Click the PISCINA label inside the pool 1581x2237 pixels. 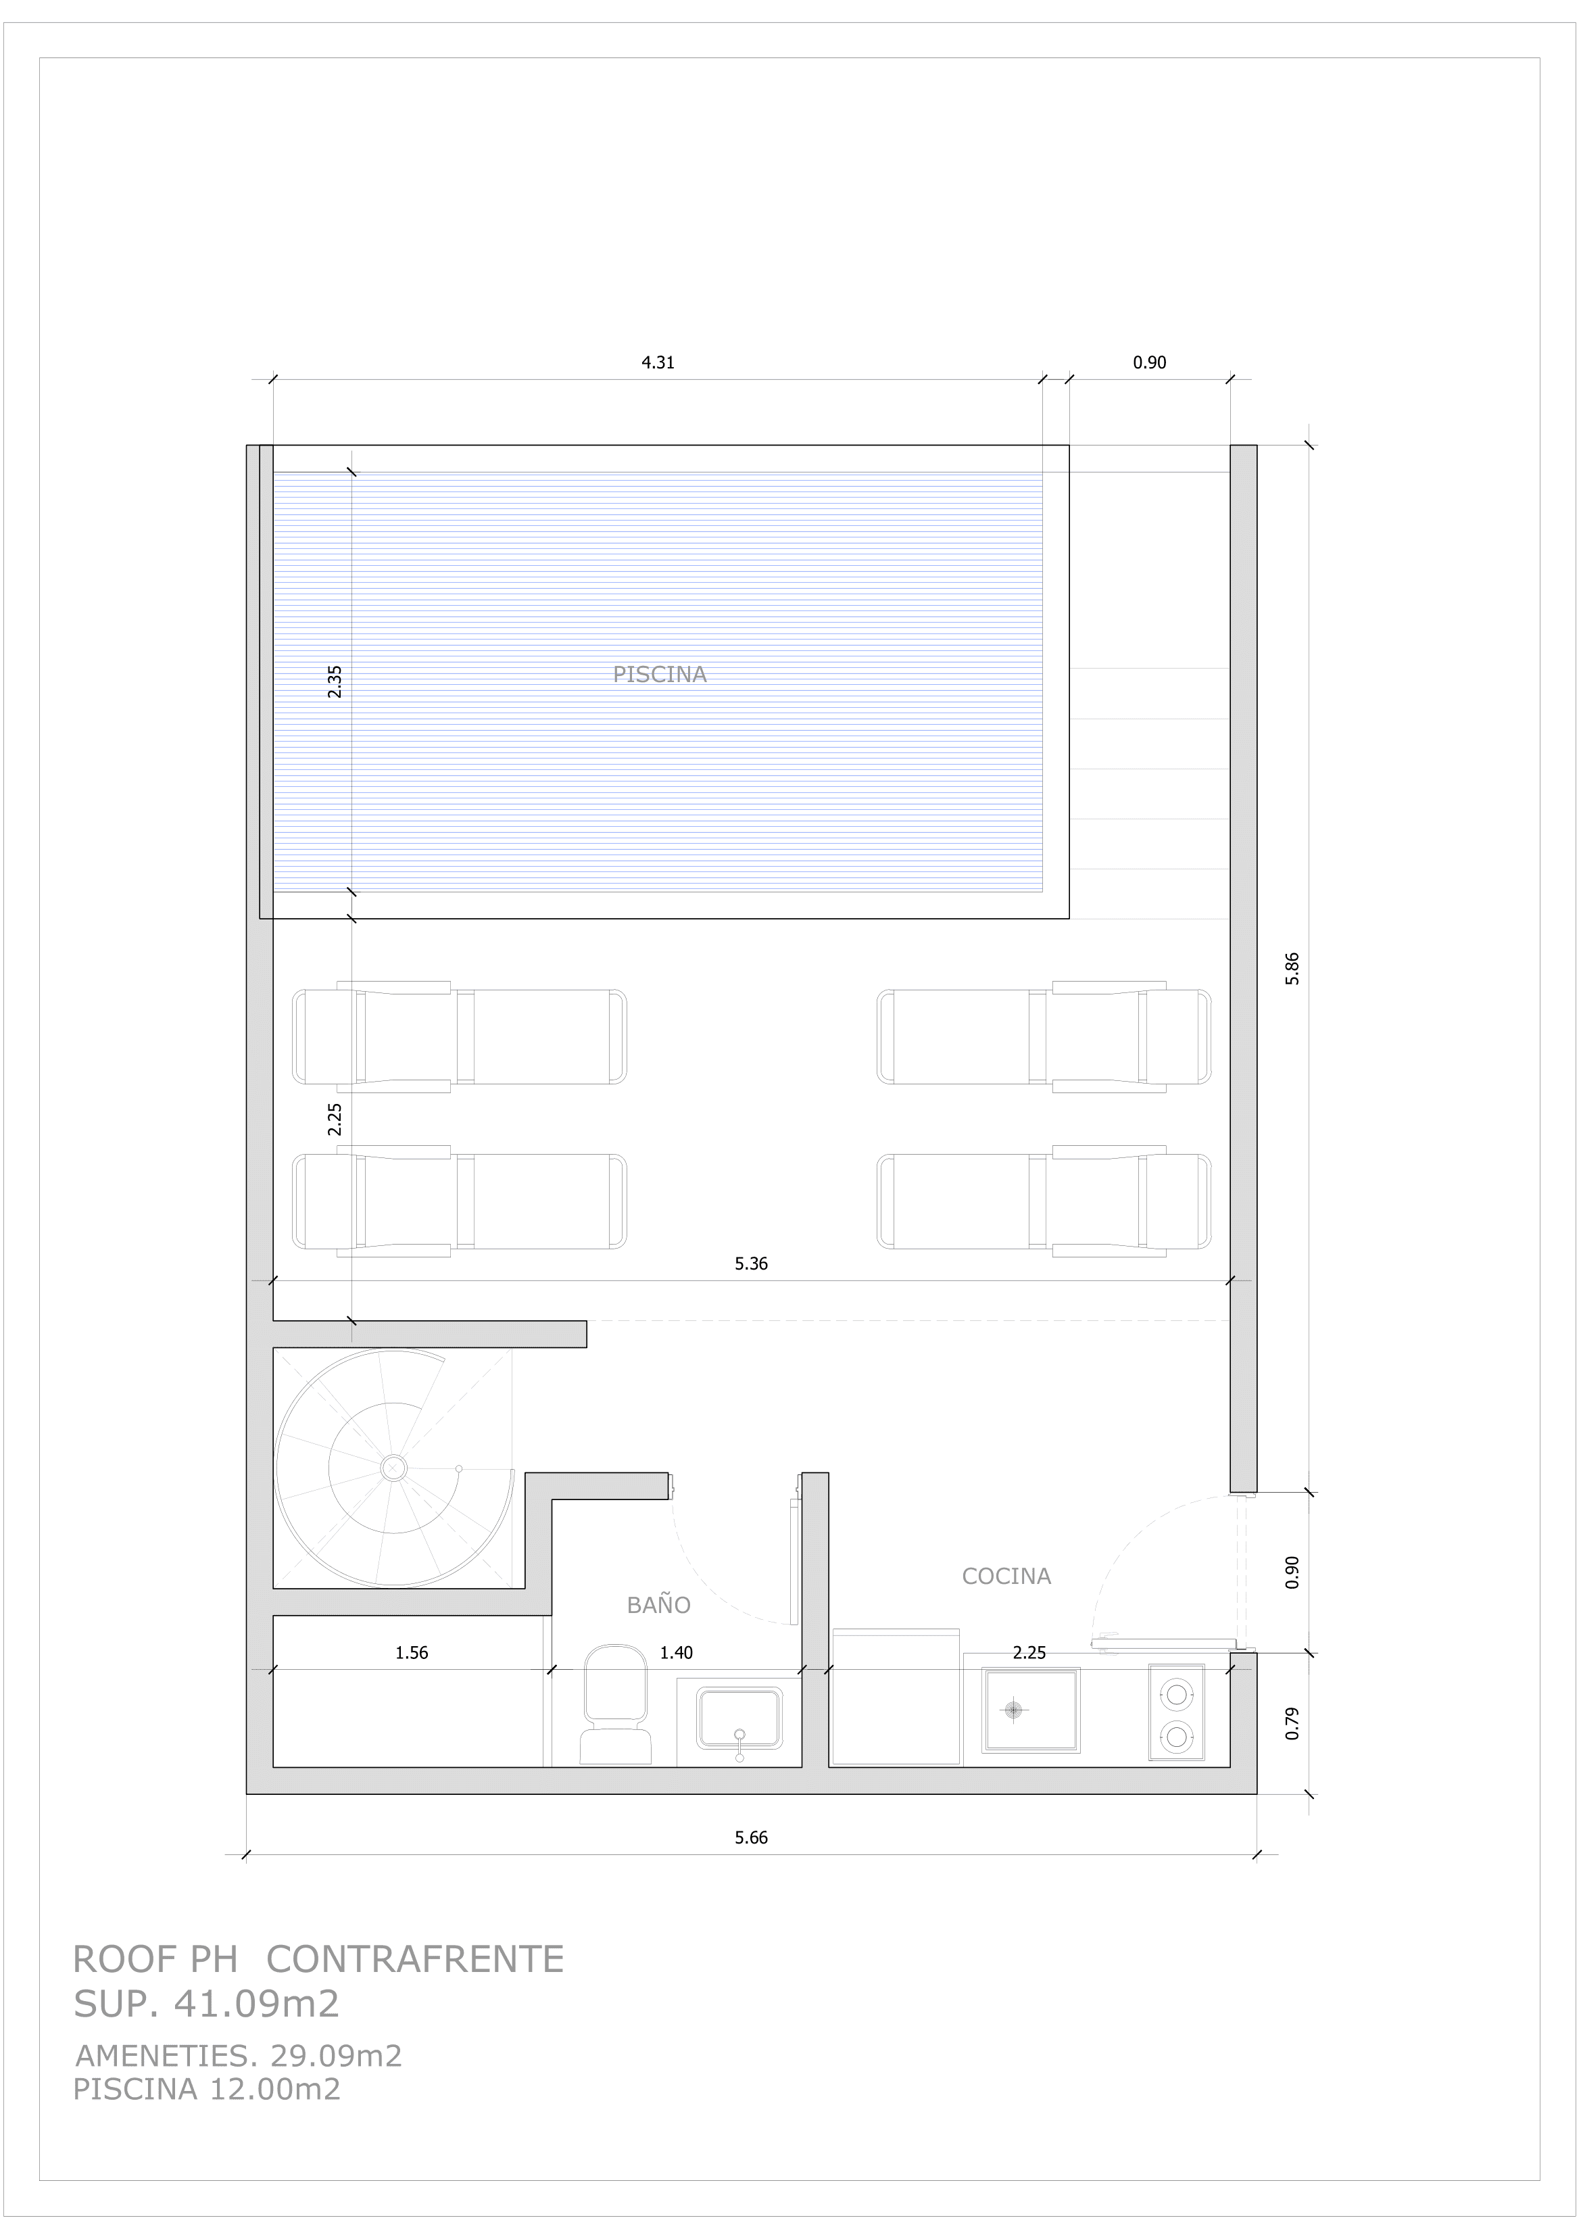coord(660,674)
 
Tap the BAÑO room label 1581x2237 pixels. coord(658,1605)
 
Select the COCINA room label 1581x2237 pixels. coord(1006,1575)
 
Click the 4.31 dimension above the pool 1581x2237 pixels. coord(658,362)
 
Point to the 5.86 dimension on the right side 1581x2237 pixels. coord(1292,969)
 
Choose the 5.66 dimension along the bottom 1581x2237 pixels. coord(751,1837)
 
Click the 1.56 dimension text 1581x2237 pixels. coord(411,1652)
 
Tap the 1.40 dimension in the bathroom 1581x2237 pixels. coord(676,1652)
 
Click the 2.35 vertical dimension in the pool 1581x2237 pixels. coord(334,681)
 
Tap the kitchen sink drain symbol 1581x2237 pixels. coord(1014,1710)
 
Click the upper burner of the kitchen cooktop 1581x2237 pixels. coord(1177,1694)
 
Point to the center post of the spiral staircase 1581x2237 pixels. coord(393,1467)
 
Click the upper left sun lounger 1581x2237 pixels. coord(459,1036)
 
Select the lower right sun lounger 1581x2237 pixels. coord(1044,1201)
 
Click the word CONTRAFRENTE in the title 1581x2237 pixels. coord(415,1959)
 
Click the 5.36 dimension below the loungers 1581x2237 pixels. coord(751,1264)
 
